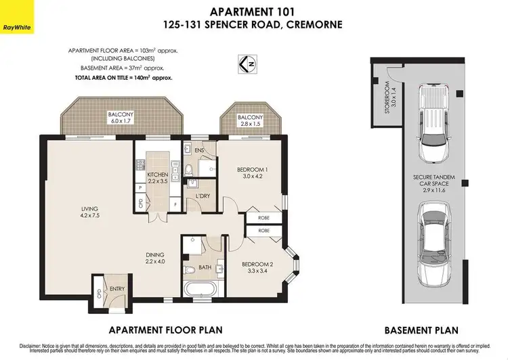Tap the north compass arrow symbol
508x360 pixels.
coord(249,64)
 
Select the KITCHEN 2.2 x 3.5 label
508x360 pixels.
coord(157,178)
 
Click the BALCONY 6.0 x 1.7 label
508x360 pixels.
coord(121,118)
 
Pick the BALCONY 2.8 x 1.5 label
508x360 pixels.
coord(250,121)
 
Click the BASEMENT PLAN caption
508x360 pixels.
coord(421,331)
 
